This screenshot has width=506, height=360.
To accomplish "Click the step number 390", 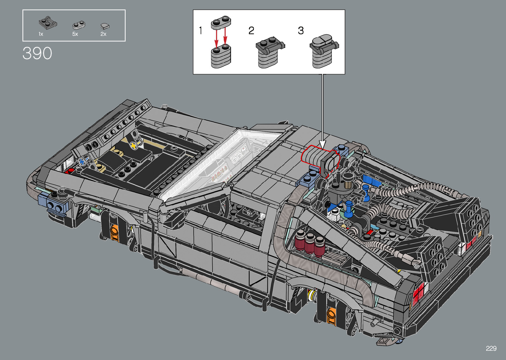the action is (37, 53).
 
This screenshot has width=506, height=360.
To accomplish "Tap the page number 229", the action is (491, 348).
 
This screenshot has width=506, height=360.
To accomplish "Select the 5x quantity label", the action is (75, 34).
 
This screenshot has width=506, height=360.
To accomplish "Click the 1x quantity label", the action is (41, 34).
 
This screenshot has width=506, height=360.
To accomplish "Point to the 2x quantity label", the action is (103, 34).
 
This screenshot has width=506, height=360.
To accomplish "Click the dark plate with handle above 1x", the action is (48, 22).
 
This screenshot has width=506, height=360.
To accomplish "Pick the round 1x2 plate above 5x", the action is (79, 25).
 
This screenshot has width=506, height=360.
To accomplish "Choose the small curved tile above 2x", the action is (105, 26).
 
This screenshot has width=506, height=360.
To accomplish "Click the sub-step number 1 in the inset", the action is (200, 30).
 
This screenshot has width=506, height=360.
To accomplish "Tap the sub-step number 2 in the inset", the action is (251, 30).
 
